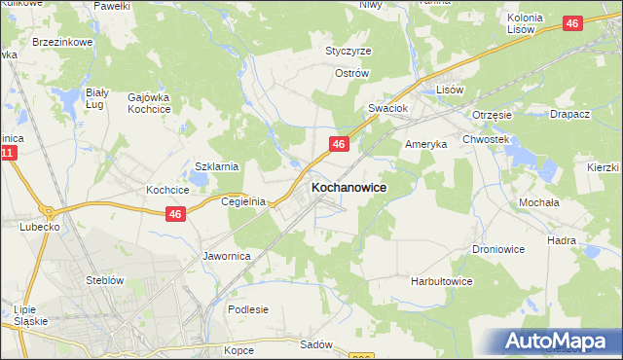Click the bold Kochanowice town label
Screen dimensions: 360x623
(x=348, y=186)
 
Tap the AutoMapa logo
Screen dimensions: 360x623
(x=562, y=342)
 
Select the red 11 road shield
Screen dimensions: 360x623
(x=9, y=155)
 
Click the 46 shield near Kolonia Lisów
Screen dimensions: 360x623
(x=573, y=23)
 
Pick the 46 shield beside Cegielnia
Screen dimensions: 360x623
(x=175, y=214)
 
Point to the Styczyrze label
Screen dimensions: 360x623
(x=348, y=51)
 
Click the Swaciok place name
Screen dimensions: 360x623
(x=386, y=108)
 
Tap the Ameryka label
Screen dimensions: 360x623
(x=425, y=143)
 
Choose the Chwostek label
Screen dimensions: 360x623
(x=487, y=139)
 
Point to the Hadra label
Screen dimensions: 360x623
(x=589, y=240)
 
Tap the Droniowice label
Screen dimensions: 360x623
(x=499, y=249)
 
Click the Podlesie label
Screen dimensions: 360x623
(x=247, y=309)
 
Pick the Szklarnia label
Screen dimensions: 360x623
(x=217, y=166)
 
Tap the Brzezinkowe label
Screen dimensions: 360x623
(x=61, y=43)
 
